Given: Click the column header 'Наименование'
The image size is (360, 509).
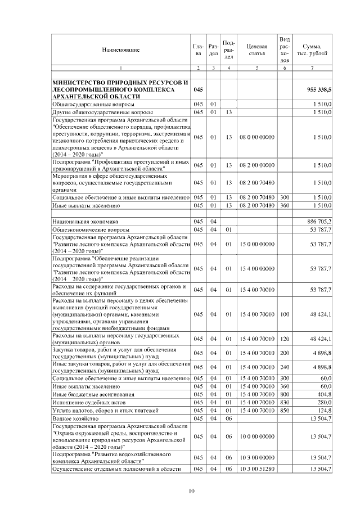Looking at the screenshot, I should (121, 50).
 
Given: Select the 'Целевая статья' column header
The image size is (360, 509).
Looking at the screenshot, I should (256, 50).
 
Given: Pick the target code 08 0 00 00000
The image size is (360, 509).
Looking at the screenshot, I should (256, 137).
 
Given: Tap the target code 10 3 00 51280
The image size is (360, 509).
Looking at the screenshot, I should (256, 468).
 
